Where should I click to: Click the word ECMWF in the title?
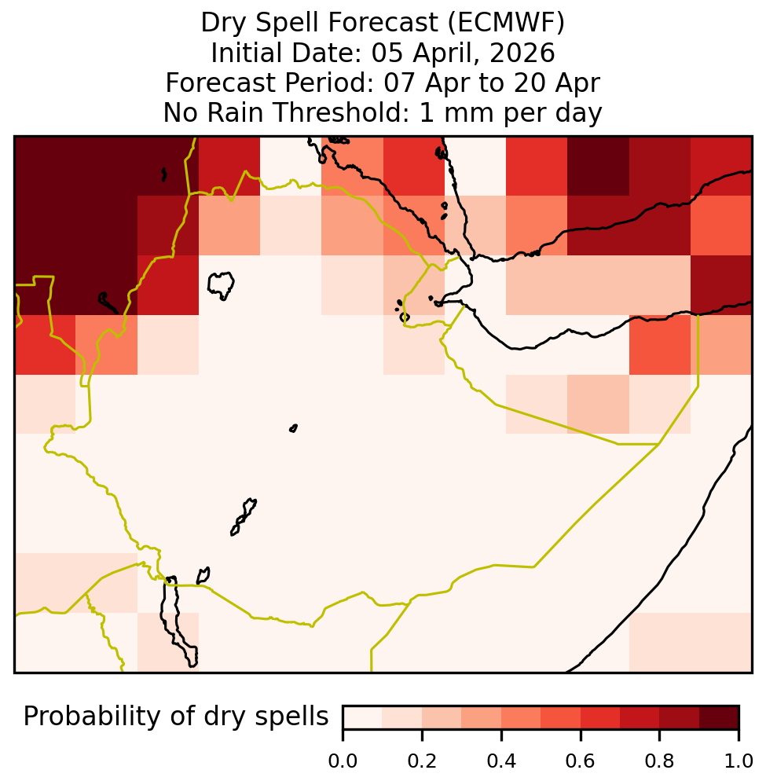pos(506,23)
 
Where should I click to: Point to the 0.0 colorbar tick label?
pos(343,761)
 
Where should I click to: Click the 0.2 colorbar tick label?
pos(422,761)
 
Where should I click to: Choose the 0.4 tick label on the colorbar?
pos(501,761)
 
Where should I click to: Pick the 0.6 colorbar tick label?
pos(581,761)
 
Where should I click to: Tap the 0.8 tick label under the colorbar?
pos(659,761)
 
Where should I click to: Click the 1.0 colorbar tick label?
pos(739,761)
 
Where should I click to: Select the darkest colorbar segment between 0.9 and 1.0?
pos(719,717)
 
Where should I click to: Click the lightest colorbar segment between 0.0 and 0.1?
pos(363,717)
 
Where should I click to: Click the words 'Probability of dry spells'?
pos(176,717)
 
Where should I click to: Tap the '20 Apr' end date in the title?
pos(556,83)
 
